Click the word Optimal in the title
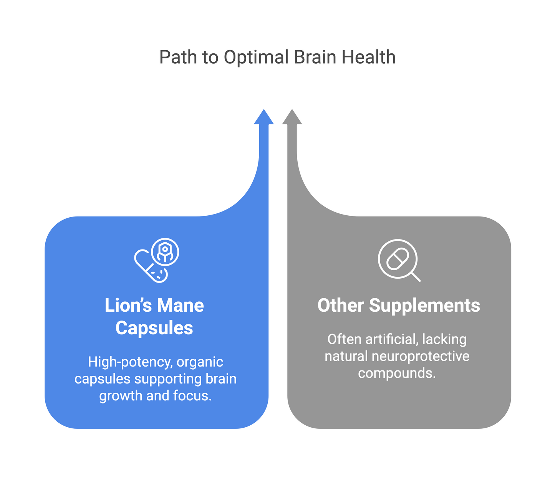(x=256, y=58)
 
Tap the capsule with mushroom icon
(x=156, y=260)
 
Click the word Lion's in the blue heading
(x=128, y=306)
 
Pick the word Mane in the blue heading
(x=180, y=306)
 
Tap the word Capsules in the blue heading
(x=154, y=328)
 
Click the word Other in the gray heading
(x=341, y=306)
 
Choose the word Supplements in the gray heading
(x=424, y=306)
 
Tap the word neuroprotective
(x=421, y=356)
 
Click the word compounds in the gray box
(x=396, y=373)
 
